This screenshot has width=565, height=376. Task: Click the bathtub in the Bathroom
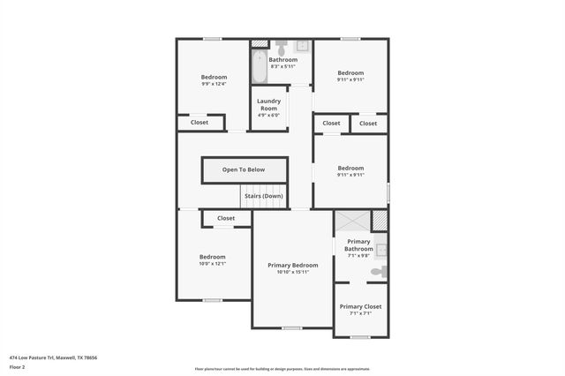[x=259, y=65]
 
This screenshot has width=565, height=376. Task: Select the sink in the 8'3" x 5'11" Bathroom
[x=301, y=45]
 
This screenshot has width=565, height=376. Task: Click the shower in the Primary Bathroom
[x=352, y=222]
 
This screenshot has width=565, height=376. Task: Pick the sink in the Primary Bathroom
[x=381, y=250]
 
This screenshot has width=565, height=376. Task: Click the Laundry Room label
[x=268, y=105]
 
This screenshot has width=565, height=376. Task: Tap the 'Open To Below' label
[x=244, y=169]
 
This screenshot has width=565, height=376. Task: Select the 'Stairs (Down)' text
[x=263, y=196]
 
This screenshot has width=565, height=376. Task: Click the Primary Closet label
[x=360, y=306]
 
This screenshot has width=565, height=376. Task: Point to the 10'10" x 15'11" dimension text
[x=293, y=272]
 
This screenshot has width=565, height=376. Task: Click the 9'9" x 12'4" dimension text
[x=214, y=84]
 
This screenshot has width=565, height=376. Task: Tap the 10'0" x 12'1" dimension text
[x=213, y=263]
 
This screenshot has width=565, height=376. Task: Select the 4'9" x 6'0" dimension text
[x=268, y=115]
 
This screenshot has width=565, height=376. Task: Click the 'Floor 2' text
[x=18, y=366]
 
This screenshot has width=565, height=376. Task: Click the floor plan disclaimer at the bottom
[x=282, y=369]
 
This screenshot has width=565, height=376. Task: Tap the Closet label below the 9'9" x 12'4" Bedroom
[x=200, y=123]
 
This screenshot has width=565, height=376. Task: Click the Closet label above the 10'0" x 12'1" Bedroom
[x=226, y=218]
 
